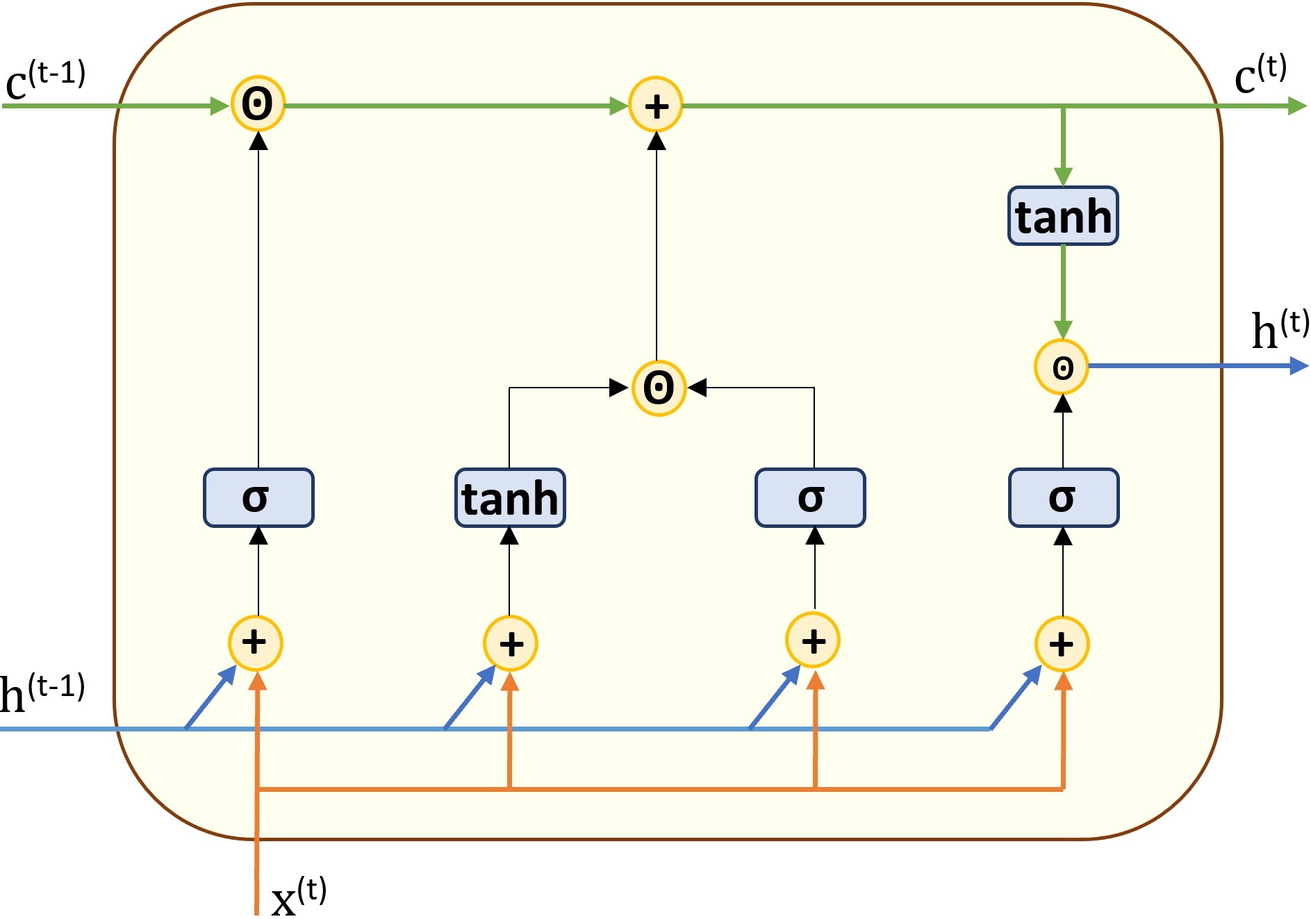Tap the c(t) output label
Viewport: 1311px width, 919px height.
click(x=1260, y=74)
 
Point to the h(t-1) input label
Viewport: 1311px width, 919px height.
click(x=42, y=693)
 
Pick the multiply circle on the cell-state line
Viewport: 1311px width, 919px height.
click(x=258, y=104)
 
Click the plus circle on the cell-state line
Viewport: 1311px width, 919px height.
click(x=656, y=105)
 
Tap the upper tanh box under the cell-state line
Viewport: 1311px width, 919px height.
click(x=1063, y=216)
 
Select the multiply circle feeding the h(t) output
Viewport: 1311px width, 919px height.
click(x=1062, y=367)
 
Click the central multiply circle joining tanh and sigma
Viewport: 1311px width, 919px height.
click(x=659, y=388)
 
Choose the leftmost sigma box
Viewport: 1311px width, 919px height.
click(x=258, y=497)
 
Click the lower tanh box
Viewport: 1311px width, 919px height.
click(x=510, y=497)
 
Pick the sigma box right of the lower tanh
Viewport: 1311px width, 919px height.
click(x=810, y=497)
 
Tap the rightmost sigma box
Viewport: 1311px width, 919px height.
click(x=1064, y=497)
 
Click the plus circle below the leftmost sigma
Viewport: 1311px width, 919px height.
click(x=256, y=643)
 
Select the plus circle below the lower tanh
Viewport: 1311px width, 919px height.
click(x=511, y=643)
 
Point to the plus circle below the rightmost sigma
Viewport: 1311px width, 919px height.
click(x=1062, y=644)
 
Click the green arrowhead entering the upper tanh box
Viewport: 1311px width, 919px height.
click(x=1063, y=177)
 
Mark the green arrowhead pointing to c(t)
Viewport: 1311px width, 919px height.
click(x=1298, y=106)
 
